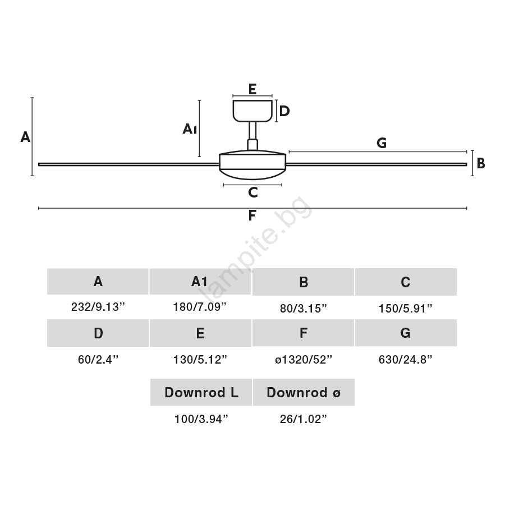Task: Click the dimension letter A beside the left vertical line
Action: tap(25, 136)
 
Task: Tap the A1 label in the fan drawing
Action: tap(190, 129)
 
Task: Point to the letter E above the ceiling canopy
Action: tap(252, 89)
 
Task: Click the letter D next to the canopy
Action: tap(284, 111)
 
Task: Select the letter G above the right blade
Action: tap(382, 143)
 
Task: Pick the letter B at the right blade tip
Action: tap(480, 163)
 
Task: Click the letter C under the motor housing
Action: tap(252, 192)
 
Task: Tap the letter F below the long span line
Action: tap(252, 216)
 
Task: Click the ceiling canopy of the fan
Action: tap(253, 111)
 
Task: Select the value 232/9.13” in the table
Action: tap(98, 307)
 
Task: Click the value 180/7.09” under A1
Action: tap(200, 307)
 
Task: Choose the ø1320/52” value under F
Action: tap(304, 360)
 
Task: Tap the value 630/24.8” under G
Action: tap(406, 360)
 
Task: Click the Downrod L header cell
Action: tap(201, 392)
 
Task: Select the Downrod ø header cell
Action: tap(304, 392)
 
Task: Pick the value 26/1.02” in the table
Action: tap(304, 419)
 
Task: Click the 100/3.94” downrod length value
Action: tap(201, 419)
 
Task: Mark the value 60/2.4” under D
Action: tap(98, 360)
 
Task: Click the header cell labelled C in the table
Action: tap(406, 282)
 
